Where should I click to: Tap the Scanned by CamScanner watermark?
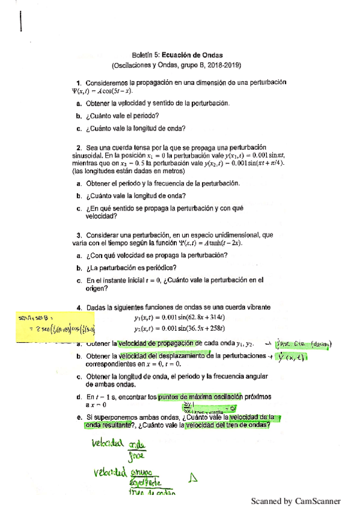pyautogui.click(x=295, y=500)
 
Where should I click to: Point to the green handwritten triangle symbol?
pyautogui.click(x=193, y=477)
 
